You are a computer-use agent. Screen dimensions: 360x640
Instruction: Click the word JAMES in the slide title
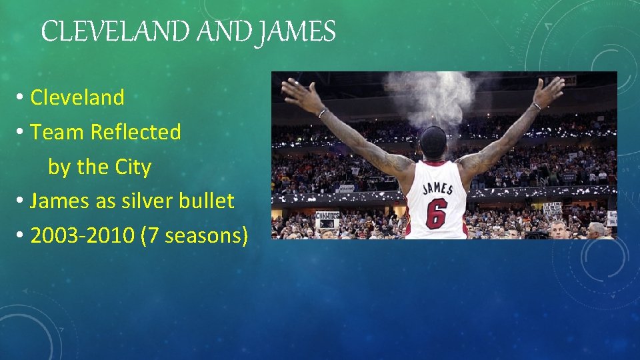pos(299,31)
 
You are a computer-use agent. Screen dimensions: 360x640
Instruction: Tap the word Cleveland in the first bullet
pos(77,97)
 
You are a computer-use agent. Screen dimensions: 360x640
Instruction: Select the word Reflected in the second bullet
pos(135,132)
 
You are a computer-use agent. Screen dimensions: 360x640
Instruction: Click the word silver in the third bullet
pos(147,201)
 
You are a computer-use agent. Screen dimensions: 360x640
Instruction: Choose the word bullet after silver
pos(207,201)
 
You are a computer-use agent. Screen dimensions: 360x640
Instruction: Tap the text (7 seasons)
pos(194,235)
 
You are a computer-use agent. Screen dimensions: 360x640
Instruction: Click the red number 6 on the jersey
pos(436,213)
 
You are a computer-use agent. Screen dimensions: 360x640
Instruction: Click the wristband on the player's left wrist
pos(322,113)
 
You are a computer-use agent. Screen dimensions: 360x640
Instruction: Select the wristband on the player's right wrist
pos(536,106)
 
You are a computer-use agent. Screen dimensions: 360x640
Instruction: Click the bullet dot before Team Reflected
pos(21,133)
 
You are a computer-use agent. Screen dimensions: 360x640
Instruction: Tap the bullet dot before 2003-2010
pos(21,236)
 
